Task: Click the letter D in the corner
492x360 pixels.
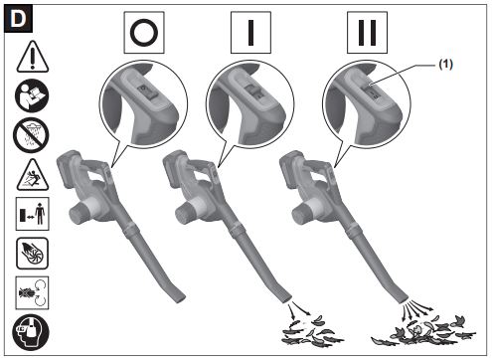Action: (x=18, y=19)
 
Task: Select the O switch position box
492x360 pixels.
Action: (x=144, y=33)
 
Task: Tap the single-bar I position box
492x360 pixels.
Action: (x=250, y=33)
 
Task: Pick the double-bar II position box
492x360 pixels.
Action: (x=367, y=33)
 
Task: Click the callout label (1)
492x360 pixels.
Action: (x=445, y=64)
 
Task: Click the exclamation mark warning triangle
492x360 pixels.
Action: (x=33, y=57)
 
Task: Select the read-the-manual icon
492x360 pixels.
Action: (x=32, y=95)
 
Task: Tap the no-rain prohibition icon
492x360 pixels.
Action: (x=31, y=135)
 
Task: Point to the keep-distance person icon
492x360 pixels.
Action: (x=33, y=214)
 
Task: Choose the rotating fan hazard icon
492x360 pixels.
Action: (x=32, y=254)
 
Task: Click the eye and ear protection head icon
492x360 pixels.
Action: (x=31, y=332)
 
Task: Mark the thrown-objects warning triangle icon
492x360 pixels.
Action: (x=33, y=175)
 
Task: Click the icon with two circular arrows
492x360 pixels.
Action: (x=32, y=293)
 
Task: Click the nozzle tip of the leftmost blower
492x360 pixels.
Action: (x=179, y=297)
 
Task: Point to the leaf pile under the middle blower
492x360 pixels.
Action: (x=310, y=332)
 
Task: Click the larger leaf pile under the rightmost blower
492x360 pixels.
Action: (x=423, y=330)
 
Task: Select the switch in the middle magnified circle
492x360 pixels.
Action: (x=253, y=91)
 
